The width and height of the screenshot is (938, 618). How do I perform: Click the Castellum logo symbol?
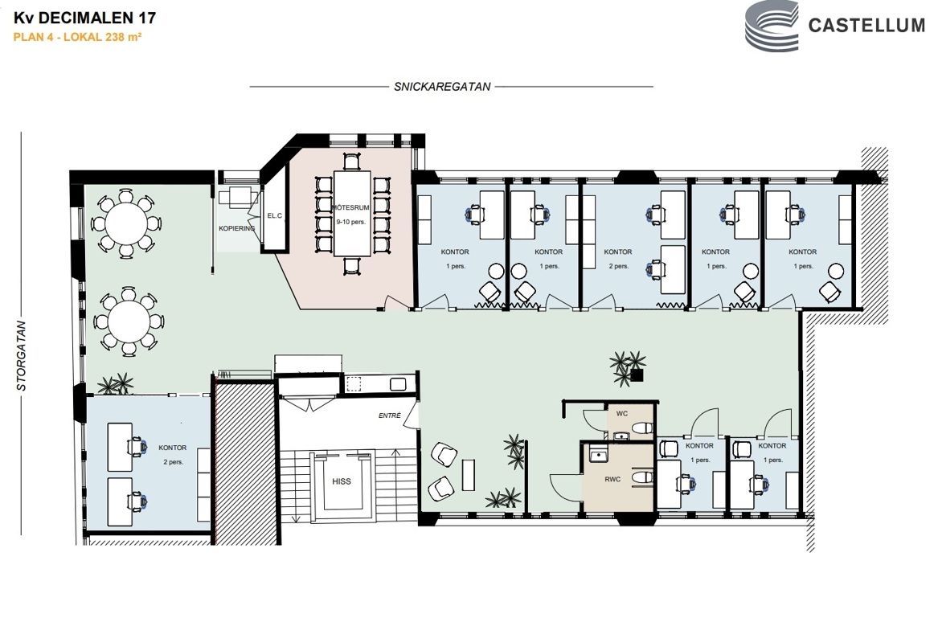coord(772,27)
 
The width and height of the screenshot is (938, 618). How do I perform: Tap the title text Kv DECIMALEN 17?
coord(85,18)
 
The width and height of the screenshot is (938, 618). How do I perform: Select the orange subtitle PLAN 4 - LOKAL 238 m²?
coord(77,37)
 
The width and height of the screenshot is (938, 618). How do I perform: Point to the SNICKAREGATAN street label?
coord(442,87)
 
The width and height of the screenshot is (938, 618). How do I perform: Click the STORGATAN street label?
coord(22,356)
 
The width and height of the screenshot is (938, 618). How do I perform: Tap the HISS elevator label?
coord(342,481)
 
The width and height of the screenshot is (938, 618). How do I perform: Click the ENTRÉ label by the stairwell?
coord(390,415)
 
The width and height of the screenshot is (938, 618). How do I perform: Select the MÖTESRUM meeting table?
coord(352,215)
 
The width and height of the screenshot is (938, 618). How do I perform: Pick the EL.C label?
coord(275,215)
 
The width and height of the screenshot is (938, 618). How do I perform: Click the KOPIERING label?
coord(237,228)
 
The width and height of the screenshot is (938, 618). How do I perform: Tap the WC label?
coord(622,413)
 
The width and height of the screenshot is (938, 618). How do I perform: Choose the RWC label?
coord(612,479)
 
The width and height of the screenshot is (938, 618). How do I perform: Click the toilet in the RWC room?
coord(642,478)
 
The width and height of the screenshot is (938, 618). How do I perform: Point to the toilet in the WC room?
coord(642,428)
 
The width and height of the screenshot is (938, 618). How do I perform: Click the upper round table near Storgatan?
coord(125,223)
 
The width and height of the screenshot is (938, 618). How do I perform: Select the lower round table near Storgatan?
coord(129,321)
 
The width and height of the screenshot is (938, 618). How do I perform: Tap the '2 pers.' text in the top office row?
coord(618,266)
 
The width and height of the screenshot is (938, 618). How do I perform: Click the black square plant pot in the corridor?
coord(637,375)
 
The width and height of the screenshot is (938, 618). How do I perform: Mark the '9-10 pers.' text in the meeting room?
coord(350,222)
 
